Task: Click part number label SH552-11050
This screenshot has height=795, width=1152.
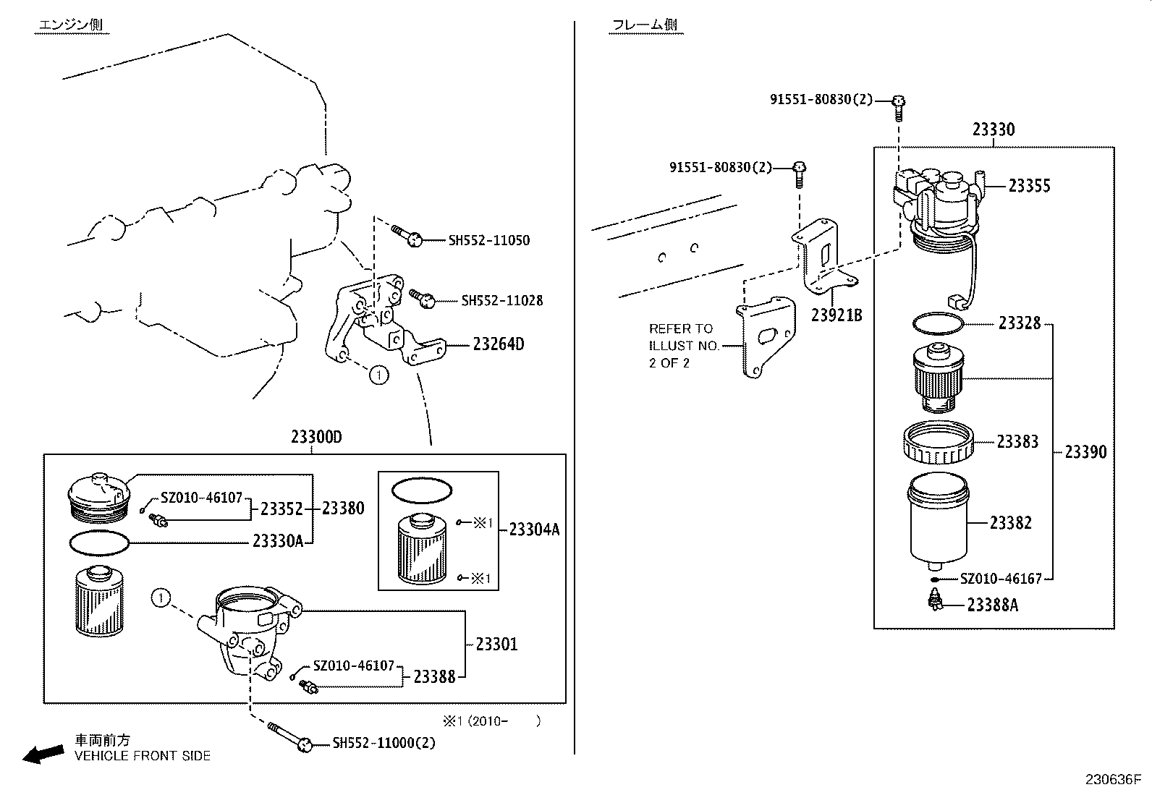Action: (x=488, y=240)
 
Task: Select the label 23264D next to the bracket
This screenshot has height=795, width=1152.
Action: (x=498, y=344)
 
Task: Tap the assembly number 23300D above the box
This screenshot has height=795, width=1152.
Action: (x=316, y=437)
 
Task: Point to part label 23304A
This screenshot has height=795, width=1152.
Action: (x=534, y=530)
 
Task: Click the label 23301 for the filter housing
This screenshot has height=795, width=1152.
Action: (x=496, y=644)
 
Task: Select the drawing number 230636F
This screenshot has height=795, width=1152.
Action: (x=1111, y=780)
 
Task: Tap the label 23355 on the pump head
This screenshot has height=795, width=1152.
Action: (x=1029, y=186)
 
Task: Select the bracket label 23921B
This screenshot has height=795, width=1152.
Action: (x=836, y=315)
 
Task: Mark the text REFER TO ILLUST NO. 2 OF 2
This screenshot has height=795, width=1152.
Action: (x=683, y=346)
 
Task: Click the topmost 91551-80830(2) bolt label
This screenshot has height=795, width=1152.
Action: (x=821, y=100)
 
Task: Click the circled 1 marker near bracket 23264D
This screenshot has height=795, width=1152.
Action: (x=378, y=375)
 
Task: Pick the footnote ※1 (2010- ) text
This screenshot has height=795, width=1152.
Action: (x=491, y=720)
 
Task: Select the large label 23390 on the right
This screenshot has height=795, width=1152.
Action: (x=1085, y=452)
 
